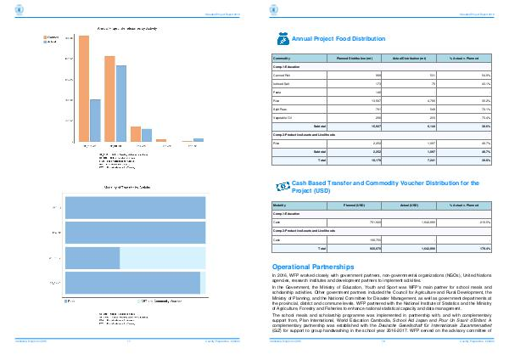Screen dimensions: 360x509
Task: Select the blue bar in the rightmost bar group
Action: coord(199,139)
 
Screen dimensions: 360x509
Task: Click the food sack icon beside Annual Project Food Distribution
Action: coord(283,38)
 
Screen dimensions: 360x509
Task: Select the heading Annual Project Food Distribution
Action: coord(332,39)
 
